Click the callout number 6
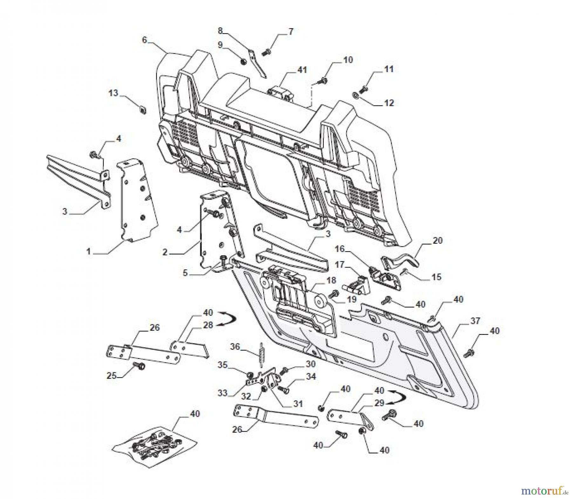pos(145,40)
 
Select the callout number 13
pos(113,93)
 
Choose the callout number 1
pos(89,252)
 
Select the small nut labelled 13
pos(143,110)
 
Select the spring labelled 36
pos(261,353)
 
